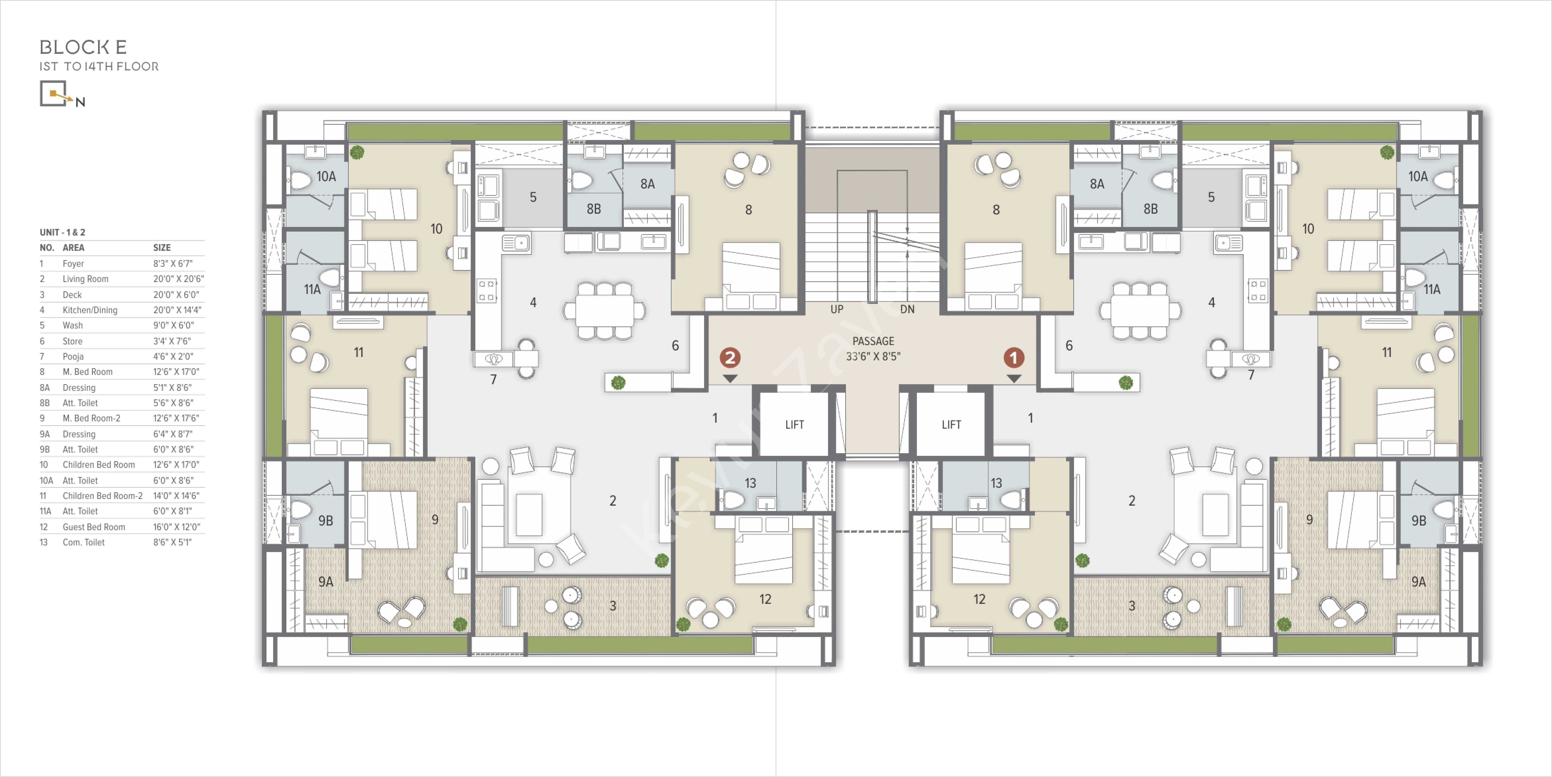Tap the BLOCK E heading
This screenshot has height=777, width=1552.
pos(83,47)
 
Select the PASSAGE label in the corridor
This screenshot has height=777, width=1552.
pos(873,341)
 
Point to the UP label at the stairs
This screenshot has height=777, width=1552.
pos(837,309)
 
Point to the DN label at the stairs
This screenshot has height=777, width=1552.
pos(907,309)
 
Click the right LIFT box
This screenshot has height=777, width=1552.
pos(951,424)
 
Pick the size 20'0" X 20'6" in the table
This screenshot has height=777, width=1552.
pos(178,279)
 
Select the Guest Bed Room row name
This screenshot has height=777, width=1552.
pos(94,527)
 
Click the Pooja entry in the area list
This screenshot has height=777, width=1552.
pos(73,356)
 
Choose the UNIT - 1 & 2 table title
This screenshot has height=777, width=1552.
pos(63,232)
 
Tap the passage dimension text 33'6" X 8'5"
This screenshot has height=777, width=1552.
pos(873,356)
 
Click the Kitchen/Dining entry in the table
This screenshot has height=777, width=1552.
pos(90,310)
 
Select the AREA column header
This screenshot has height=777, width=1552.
pos(74,248)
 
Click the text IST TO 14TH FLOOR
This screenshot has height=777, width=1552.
pos(99,66)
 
